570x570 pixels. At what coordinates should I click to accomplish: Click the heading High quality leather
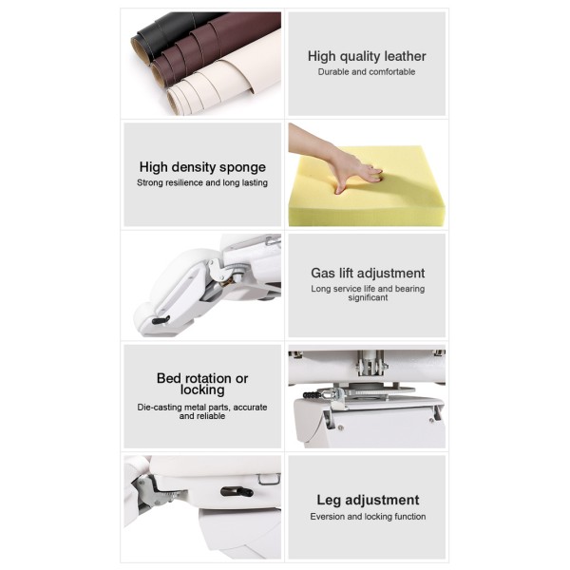coord(367,56)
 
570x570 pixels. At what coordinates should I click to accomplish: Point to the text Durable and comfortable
coord(367,72)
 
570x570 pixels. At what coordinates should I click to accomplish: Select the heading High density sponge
coord(202,167)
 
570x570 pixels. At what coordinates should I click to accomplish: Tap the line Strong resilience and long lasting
coord(202,182)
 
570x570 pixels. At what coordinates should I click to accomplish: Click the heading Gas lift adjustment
coord(368,273)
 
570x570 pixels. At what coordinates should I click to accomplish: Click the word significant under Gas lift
coord(368,297)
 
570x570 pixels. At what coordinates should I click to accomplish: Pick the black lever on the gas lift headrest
coord(161,320)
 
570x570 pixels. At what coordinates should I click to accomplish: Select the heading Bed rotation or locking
coord(202,384)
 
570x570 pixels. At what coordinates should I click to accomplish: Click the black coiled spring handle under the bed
coord(312,395)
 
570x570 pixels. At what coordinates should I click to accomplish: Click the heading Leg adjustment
coord(368,501)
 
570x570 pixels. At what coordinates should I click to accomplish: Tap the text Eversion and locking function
coord(368,517)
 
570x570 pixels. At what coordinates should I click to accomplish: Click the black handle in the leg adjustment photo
coord(237,492)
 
